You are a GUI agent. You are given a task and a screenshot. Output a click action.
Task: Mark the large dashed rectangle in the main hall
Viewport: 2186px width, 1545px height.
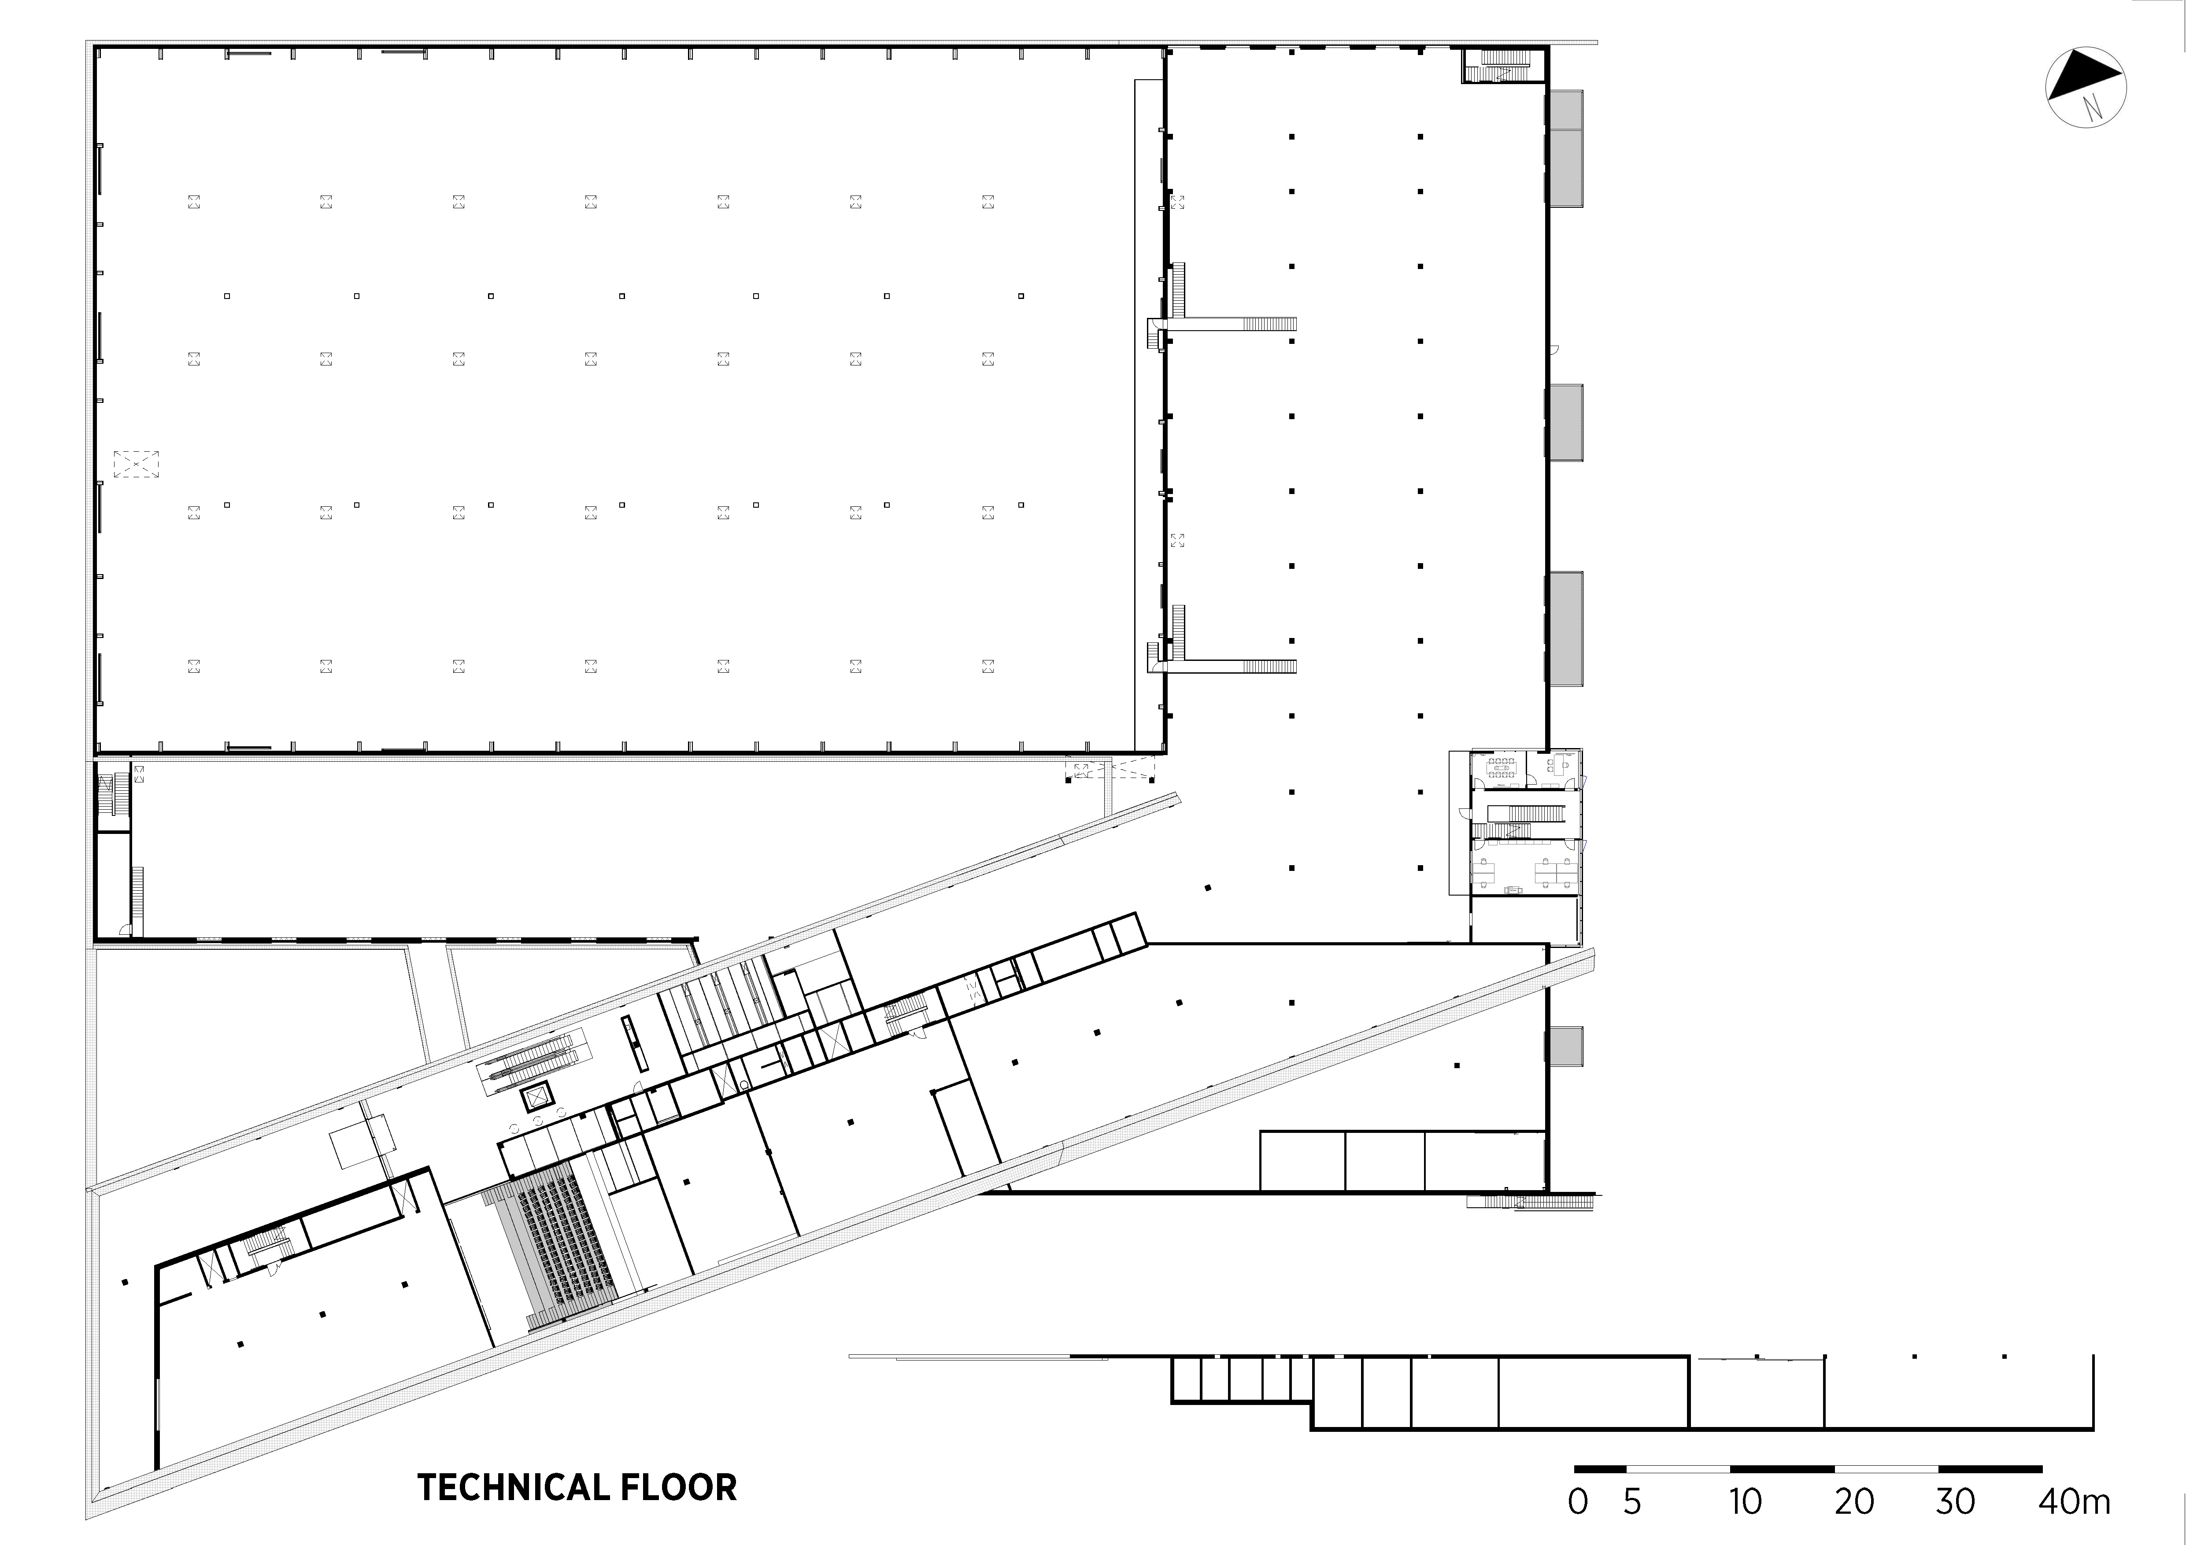pos(136,464)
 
